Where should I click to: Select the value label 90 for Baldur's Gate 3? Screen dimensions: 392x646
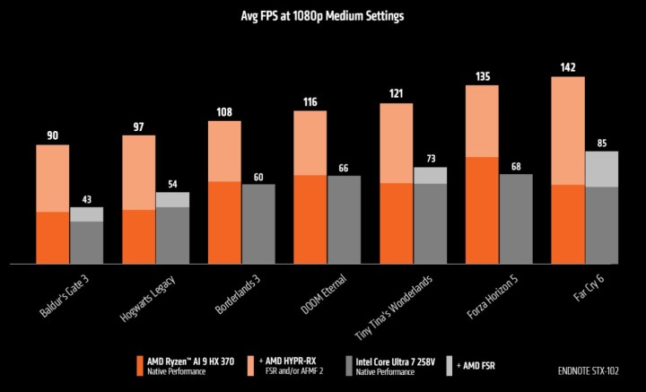click(52, 135)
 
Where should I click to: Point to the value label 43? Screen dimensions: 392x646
click(86, 198)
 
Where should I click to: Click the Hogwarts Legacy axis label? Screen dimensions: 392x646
click(148, 294)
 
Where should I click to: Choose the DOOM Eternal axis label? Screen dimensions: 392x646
click(319, 291)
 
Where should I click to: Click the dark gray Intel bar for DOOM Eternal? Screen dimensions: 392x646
click(345, 220)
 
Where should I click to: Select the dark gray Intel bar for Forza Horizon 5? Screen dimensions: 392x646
click(516, 219)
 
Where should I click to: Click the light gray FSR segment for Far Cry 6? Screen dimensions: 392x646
click(602, 169)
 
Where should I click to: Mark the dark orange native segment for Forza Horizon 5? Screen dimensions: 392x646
click(482, 211)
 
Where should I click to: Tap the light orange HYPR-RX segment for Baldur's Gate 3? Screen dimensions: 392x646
click(53, 178)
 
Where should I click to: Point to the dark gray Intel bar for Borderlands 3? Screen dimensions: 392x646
click(258, 224)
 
